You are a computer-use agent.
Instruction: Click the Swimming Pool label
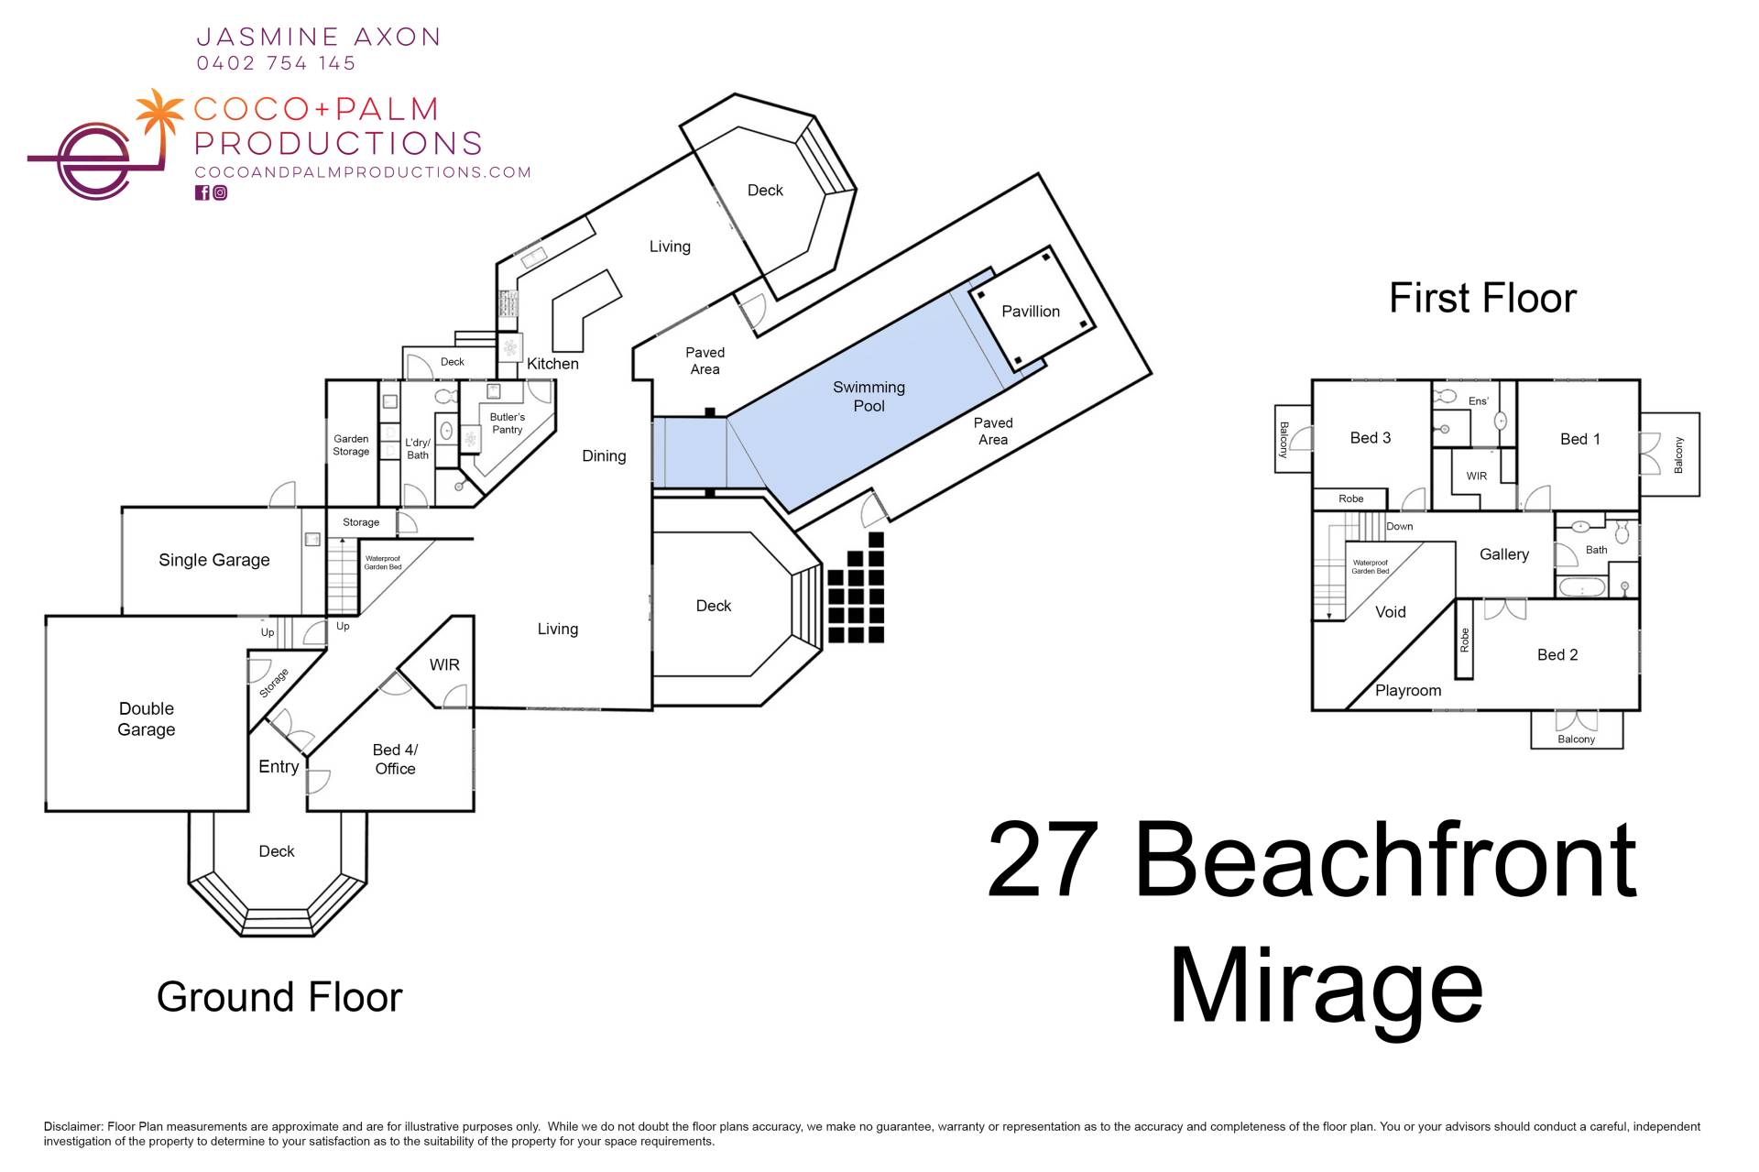869,397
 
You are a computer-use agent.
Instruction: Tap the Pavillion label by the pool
1030,312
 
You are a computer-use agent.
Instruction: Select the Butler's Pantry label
507,423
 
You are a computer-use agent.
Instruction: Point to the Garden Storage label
351,445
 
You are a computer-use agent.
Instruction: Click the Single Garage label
213,560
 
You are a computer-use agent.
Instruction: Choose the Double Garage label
147,719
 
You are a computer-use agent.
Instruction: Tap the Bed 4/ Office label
395,760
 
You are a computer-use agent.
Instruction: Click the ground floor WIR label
444,665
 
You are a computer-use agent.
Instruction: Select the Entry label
279,767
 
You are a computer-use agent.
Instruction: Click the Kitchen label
552,364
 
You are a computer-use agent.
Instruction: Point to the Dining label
604,456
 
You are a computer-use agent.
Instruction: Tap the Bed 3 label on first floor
1370,438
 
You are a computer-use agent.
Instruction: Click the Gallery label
1503,554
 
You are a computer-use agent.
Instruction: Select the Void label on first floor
1390,612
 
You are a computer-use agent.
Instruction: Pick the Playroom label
1407,691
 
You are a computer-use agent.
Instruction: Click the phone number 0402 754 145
276,63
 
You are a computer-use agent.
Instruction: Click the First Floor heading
1481,298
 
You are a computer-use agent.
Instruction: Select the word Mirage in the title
1325,988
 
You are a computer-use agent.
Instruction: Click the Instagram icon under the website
220,192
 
